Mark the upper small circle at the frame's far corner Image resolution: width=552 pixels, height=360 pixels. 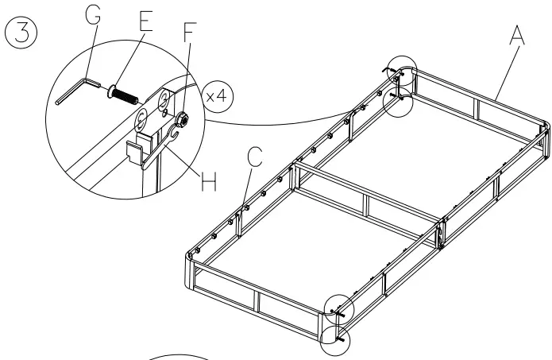[401, 72]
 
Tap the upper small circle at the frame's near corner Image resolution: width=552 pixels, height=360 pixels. [338, 308]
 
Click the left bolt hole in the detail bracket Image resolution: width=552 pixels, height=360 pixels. [139, 119]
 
